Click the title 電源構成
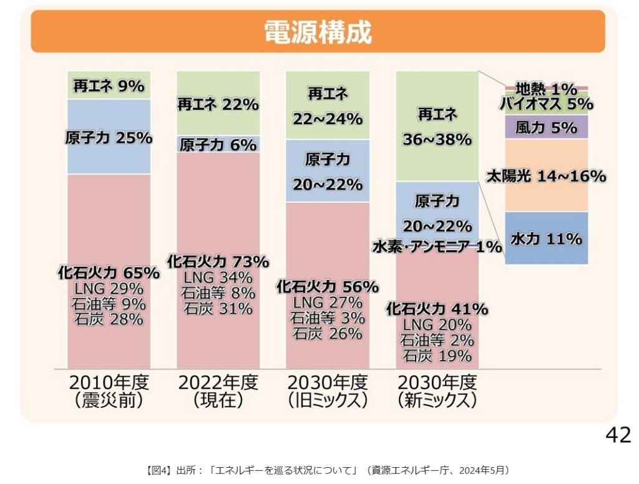pos(318,32)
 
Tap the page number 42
pos(618,435)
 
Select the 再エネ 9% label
pos(109,86)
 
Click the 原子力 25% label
pos(109,138)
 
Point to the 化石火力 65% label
pos(109,273)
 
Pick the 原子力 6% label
pos(218,145)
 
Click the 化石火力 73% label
pos(218,261)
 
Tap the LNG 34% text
pos(218,277)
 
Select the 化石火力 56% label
pos(328,287)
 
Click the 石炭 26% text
pos(328,334)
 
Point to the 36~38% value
pos(437,140)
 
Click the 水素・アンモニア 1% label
pos(437,247)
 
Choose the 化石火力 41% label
pos(437,309)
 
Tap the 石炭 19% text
pos(437,356)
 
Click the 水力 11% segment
pos(546,238)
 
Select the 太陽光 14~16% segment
pos(546,177)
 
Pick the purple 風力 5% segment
pos(546,128)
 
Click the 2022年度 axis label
pos(218,382)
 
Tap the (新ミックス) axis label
pos(437,400)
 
